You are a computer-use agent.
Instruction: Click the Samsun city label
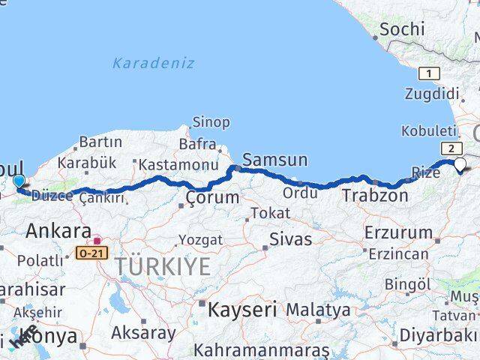pos(274,159)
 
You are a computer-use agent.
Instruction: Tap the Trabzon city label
pos(375,196)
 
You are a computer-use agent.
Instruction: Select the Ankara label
pos(58,231)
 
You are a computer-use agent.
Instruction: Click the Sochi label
pos(402,30)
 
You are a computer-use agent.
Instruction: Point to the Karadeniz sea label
pos(153,64)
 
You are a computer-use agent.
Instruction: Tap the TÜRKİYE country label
pos(163,266)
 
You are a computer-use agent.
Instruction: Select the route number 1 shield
pos(429,73)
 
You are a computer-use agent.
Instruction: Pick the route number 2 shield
pos(451,148)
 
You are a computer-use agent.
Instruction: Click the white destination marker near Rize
pos(460,165)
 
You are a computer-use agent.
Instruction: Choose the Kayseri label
pos(242,308)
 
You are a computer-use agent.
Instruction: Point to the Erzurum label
pos(398,232)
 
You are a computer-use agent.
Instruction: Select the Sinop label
pos(211,121)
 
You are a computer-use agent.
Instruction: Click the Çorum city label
pos(212,198)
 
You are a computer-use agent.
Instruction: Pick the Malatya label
pos(318,309)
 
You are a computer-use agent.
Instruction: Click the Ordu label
pos(301,192)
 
